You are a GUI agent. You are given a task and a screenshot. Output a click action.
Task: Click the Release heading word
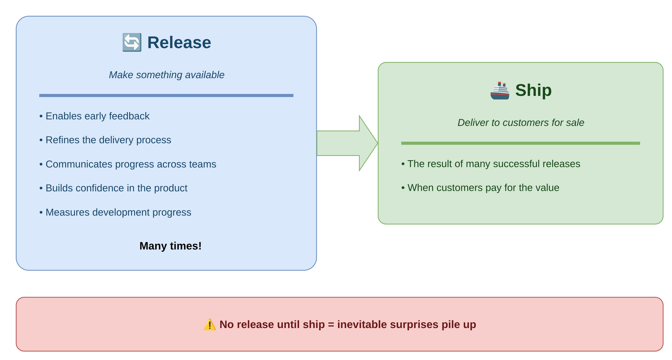point(179,42)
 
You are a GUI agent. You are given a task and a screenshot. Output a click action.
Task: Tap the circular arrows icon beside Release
point(132,42)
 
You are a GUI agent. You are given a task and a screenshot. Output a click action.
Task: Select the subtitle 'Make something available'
point(166,75)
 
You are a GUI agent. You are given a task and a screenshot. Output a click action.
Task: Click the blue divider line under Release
point(166,95)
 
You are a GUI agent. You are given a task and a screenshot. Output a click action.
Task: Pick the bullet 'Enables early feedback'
point(94,116)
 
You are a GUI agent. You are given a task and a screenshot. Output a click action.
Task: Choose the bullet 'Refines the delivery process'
point(105,140)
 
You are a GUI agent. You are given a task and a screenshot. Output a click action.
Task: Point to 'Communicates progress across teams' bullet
point(128,164)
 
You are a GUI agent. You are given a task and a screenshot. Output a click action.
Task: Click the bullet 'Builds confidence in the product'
point(113,188)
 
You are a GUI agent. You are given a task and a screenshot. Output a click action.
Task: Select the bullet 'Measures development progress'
point(115,212)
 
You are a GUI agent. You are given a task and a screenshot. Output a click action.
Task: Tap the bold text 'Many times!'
point(170,246)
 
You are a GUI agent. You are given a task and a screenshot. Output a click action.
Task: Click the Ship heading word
point(533,90)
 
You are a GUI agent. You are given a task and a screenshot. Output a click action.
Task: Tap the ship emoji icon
point(500,90)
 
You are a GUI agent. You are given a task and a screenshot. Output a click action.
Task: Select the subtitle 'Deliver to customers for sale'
point(521,122)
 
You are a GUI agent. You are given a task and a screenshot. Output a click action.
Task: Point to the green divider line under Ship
point(521,143)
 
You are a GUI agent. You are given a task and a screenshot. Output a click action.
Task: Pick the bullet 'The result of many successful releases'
point(491,164)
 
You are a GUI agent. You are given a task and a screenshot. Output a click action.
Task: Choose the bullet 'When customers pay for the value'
point(480,188)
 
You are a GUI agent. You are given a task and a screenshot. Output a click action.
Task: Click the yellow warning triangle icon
point(209,325)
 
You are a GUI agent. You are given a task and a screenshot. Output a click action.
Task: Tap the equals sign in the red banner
point(331,325)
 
